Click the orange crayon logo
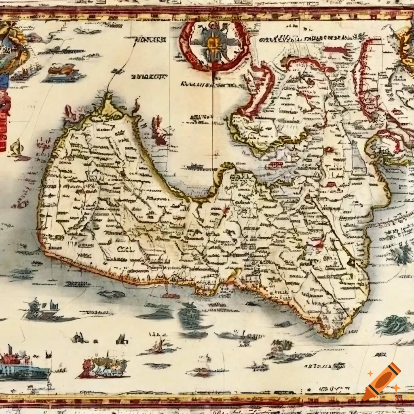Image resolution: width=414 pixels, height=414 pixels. pyautogui.click(x=382, y=381)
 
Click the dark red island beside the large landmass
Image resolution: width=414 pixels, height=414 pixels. pyautogui.click(x=159, y=131)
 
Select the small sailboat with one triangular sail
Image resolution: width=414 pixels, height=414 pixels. pyautogui.click(x=158, y=346)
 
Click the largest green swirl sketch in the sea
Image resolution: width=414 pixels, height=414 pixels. pyautogui.click(x=393, y=325)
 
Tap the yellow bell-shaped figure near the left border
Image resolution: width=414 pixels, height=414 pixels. pyautogui.click(x=17, y=148)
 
